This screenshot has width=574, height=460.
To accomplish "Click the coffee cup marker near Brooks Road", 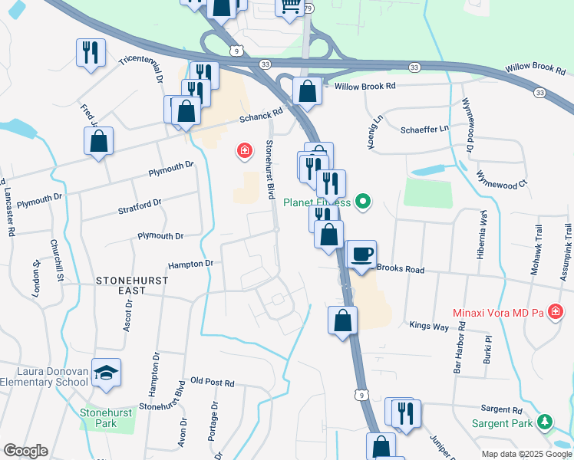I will coord(362,255).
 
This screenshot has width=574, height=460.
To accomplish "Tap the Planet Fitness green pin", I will coord(364,203).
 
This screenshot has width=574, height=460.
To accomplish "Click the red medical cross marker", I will coord(244,151).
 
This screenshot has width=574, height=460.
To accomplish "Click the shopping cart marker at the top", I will coord(290,7).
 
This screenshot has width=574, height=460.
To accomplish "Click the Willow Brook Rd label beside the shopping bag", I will coord(365,87).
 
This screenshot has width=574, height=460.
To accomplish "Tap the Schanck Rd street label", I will coord(261,115).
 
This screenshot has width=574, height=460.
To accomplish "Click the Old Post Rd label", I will coord(212,382).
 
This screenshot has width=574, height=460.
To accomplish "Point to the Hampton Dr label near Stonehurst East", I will coord(190,264).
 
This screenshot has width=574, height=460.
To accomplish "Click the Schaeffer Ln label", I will coord(424,130).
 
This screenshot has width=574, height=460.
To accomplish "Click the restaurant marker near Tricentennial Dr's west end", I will coord(91,53).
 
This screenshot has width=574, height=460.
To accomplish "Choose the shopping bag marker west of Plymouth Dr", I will coord(98,141).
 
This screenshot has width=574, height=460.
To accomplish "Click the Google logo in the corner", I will coord(25,451).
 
